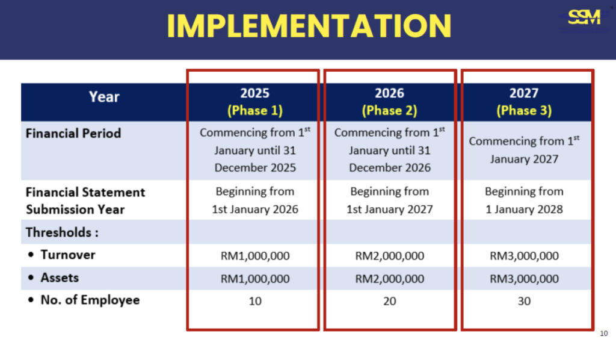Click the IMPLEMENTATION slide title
[x=309, y=26]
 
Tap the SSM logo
[x=584, y=17]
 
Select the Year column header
[x=103, y=97]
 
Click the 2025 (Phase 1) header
[x=255, y=102]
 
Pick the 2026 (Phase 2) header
[x=389, y=102]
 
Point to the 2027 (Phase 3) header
[x=524, y=102]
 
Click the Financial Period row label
[x=73, y=133]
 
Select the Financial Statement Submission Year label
[x=85, y=200]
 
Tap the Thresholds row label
[x=62, y=232]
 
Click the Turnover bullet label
[x=68, y=255]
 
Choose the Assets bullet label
[x=60, y=278]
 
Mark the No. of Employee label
[x=90, y=300]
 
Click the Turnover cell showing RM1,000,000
[x=255, y=256]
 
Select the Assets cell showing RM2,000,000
[x=389, y=279]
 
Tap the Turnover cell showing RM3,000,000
[x=524, y=256]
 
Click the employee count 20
[x=389, y=301]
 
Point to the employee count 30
[x=524, y=301]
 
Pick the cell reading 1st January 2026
[x=255, y=209]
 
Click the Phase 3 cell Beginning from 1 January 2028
[x=524, y=200]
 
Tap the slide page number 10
[x=604, y=334]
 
